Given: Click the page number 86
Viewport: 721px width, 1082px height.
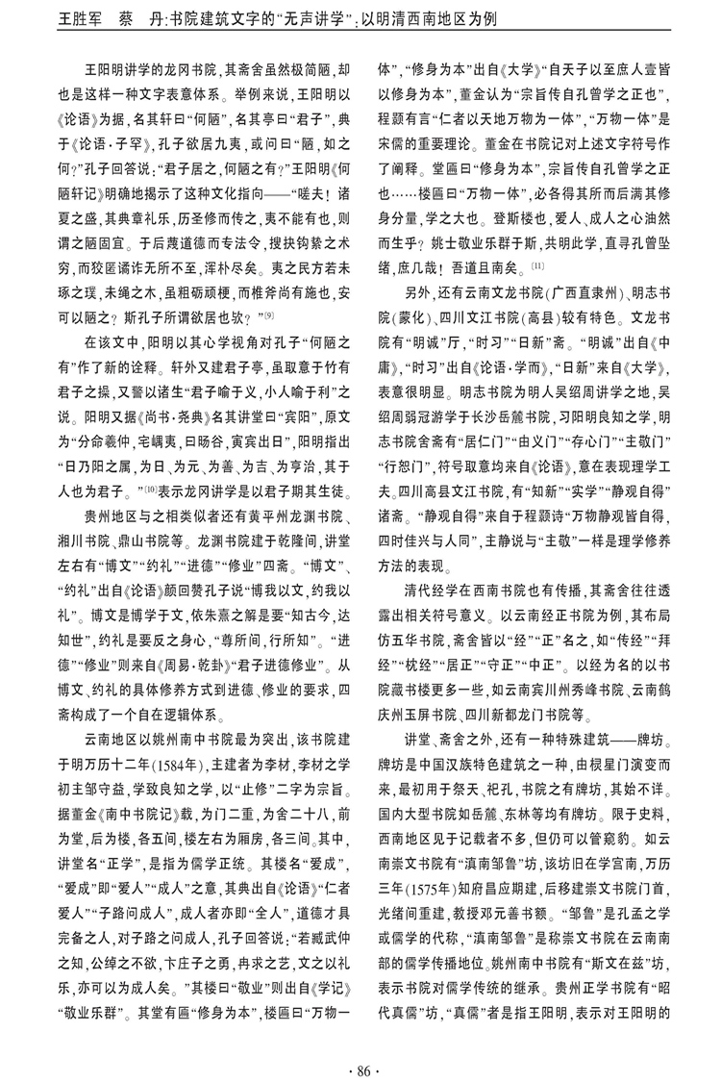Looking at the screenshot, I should click(x=360, y=1043).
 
